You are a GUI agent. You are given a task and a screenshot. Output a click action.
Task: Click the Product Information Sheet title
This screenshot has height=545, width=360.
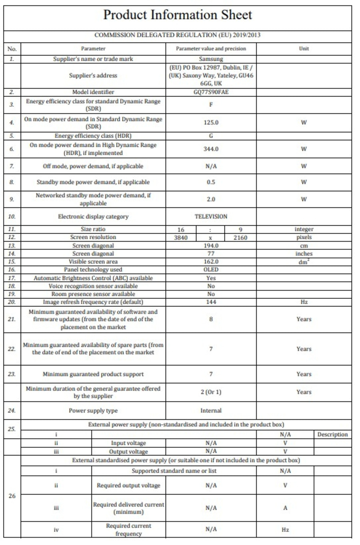point(178,15)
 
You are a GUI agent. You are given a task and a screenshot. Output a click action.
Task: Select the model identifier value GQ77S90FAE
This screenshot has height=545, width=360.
point(211,92)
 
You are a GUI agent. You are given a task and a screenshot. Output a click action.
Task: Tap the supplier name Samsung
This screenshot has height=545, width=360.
point(211,59)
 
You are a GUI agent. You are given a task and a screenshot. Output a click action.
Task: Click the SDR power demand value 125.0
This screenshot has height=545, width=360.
point(211,122)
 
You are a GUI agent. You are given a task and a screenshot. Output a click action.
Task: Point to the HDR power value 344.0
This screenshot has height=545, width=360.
point(211,149)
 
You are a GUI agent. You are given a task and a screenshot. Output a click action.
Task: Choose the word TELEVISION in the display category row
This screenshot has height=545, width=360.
point(211,216)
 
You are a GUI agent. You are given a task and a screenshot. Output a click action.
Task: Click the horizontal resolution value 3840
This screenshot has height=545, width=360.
point(181,237)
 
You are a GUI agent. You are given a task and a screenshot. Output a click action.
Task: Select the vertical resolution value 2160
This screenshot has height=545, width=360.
point(240,237)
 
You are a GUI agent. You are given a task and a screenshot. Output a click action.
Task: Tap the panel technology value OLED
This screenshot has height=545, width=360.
point(211,270)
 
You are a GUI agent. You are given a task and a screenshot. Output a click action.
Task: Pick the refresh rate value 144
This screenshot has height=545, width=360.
point(211,302)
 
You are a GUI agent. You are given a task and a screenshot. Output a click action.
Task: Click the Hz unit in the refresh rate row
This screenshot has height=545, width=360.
point(304,302)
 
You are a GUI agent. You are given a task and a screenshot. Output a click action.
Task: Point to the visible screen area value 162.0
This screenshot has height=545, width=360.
point(211,262)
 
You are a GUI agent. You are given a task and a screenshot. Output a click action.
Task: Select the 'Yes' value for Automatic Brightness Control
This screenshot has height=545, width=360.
point(211,278)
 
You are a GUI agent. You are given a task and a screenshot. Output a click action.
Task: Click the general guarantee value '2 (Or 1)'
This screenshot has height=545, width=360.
point(211,392)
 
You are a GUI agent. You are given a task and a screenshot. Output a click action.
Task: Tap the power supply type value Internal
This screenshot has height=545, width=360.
point(211,411)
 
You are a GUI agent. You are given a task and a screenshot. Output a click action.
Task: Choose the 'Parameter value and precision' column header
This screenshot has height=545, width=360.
point(211,49)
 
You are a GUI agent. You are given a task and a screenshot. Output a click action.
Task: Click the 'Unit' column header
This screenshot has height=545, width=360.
point(304,49)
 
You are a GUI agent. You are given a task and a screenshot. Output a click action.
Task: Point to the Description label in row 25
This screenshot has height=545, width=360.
point(332,435)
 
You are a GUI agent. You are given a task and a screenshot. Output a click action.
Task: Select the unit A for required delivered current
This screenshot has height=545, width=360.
point(285,508)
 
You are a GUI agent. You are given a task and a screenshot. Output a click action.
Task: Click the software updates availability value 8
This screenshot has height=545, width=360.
point(211,319)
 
